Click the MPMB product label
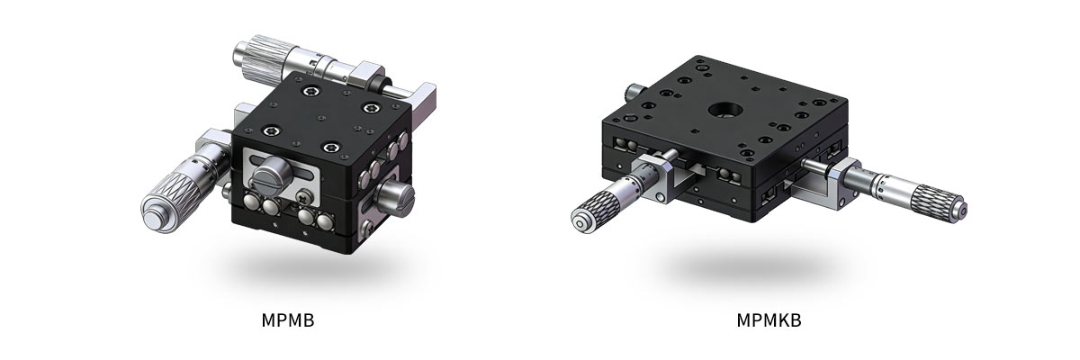288,320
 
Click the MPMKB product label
769,320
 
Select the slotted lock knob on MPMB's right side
396,195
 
